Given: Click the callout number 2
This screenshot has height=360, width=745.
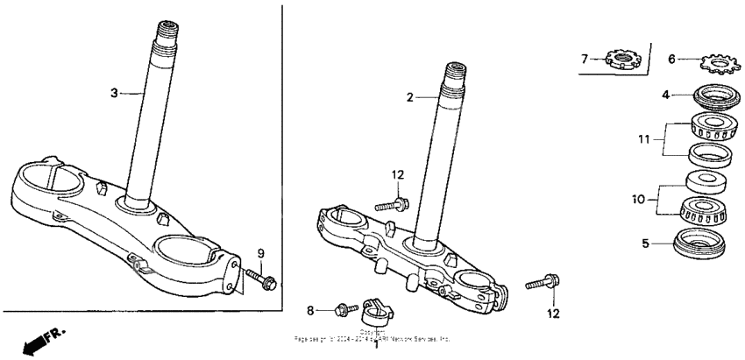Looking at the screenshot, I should (408, 97).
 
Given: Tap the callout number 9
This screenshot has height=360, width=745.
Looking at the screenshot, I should (260, 254).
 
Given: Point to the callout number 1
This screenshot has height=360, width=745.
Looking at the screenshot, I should (377, 344).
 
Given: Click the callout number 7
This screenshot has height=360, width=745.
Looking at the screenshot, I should (584, 60).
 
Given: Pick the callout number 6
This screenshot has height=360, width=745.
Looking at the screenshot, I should (672, 60).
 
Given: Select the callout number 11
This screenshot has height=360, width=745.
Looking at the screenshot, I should (645, 138).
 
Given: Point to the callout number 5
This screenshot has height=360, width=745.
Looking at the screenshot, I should (646, 244).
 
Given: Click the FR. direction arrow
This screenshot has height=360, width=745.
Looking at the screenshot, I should (39, 339).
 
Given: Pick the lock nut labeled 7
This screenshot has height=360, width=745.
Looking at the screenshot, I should (624, 60).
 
